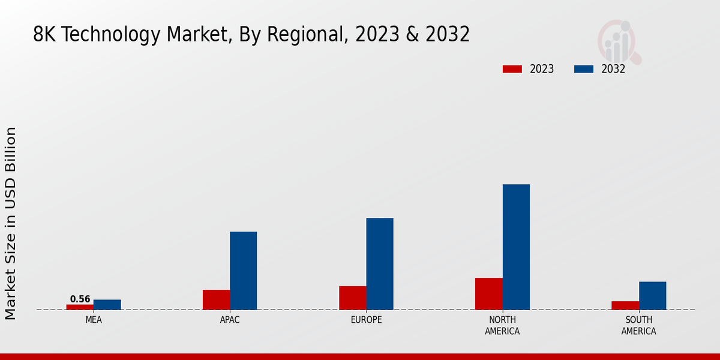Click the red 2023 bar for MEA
pos(80,307)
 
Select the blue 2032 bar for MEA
pos(107,304)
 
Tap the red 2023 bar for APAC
pos(216,299)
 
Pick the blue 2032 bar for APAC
pos(243,271)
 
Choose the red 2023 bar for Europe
pos(352,298)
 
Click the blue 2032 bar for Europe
pos(380,263)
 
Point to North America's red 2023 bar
pos(488,293)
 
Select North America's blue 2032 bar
pos(516,247)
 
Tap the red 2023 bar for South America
pos(625,305)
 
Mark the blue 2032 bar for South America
pos(652,295)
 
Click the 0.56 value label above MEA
pos(80,299)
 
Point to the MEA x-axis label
pos(94,320)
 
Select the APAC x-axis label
pos(230,320)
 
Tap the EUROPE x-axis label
pos(366,320)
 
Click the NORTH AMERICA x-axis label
pos(502,325)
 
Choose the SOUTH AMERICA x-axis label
pos(638,325)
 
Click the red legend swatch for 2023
pos(512,69)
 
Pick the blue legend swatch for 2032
pos(583,69)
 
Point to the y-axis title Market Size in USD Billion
pos(11,223)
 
